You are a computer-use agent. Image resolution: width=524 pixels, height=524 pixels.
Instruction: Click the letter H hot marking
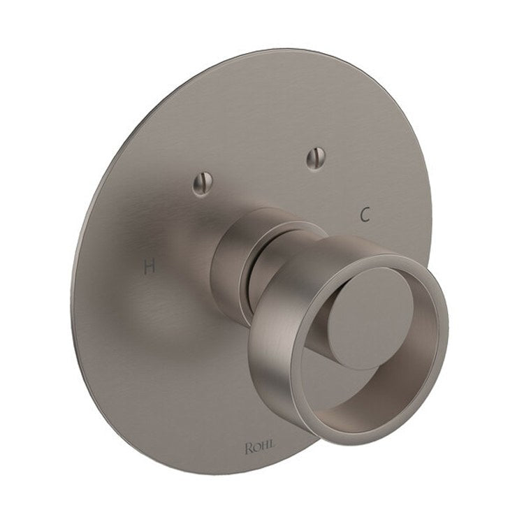tap(147, 266)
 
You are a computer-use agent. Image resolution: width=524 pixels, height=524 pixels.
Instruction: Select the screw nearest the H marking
tap(198, 184)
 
